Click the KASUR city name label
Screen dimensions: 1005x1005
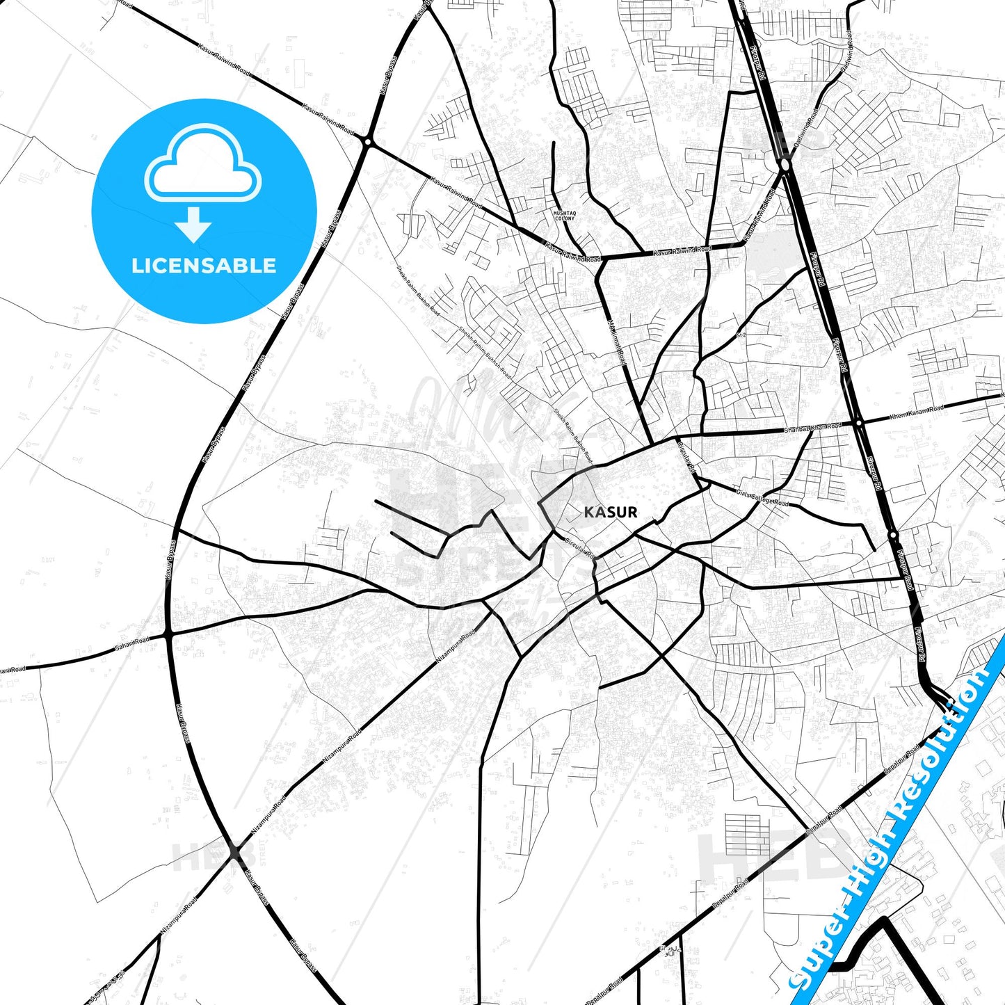pos(610,512)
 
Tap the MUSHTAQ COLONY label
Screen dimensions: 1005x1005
pos(564,216)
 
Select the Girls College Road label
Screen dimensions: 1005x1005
pos(762,498)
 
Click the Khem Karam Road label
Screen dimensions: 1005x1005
pos(917,412)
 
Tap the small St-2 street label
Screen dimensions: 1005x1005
pos(741,335)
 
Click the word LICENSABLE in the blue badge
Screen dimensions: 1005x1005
pos(204,266)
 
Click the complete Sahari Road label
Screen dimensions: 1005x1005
pos(132,645)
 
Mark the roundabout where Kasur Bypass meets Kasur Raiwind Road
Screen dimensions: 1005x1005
pos(367,142)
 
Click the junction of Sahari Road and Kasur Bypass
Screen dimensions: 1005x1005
pos(168,634)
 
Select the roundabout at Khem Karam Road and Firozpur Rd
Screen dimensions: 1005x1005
pos(859,422)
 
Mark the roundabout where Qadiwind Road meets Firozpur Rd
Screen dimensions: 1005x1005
pos(785,165)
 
